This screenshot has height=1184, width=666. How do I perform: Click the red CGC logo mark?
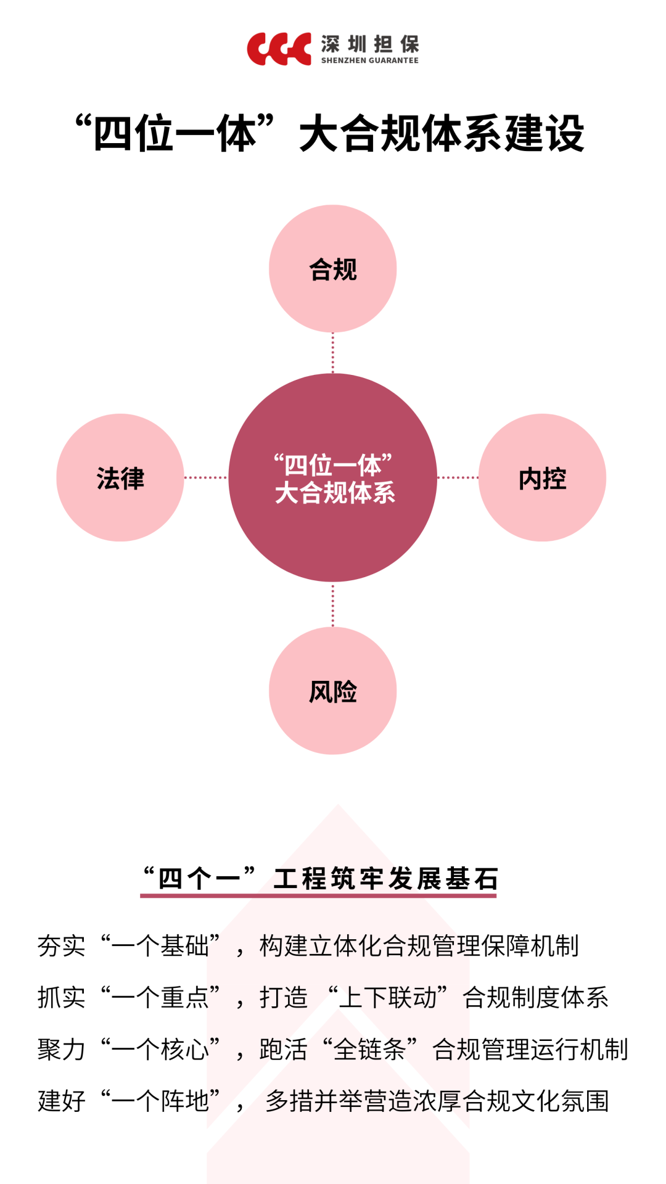pos(279,49)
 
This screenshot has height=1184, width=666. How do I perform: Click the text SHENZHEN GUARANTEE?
pos(370,60)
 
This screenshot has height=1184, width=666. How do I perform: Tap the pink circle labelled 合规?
pos(333,269)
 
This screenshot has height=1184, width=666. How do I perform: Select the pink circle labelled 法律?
pos(120,478)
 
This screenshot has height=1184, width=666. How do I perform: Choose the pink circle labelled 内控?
pos(543,478)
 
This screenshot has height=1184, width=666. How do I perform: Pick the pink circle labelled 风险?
pos(333,691)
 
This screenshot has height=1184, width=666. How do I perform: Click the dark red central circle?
pos(333,478)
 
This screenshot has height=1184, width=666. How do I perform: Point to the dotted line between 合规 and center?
pos(333,353)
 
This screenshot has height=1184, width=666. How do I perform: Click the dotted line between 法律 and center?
pos(206,477)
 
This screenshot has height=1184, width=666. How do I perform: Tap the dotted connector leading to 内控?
pos(458,477)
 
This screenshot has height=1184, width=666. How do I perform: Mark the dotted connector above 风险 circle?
pos(333,605)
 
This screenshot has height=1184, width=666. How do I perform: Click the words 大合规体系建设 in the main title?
pos(442,134)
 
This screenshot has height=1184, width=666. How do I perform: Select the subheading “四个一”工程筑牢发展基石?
pos(319,878)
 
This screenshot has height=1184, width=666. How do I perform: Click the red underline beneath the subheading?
pos(318,895)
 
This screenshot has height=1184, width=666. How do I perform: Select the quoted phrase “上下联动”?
pos(388,997)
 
